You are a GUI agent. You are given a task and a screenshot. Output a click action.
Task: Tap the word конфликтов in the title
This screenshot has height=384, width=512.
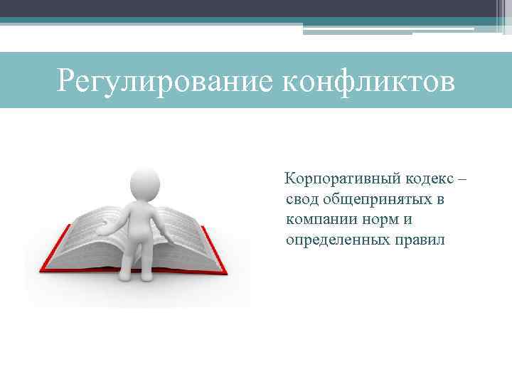[369, 80]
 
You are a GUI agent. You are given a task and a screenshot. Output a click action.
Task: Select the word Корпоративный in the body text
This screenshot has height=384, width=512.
[334, 178]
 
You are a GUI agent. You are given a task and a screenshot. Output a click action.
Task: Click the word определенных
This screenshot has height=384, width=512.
[336, 240]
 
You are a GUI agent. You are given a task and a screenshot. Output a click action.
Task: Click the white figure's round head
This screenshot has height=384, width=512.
[145, 184]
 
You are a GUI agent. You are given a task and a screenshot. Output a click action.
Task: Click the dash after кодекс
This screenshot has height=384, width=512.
[462, 178]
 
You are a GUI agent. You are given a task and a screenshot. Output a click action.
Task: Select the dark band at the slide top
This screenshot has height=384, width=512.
[249, 8]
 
